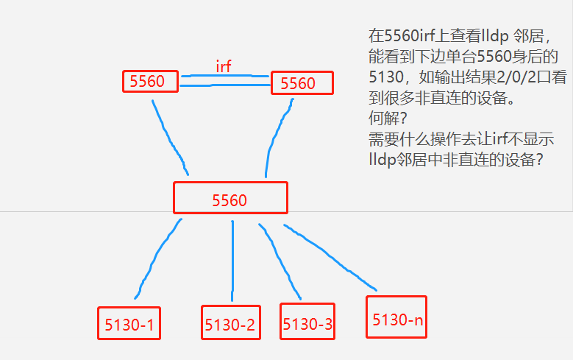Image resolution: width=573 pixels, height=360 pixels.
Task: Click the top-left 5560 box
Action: (x=150, y=81)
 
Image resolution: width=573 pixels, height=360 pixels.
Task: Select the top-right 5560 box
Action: (x=302, y=82)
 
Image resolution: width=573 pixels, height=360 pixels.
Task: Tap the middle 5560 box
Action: (x=230, y=198)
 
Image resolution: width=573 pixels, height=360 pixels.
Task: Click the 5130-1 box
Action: (x=129, y=323)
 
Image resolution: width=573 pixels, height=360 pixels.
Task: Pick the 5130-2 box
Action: (x=231, y=324)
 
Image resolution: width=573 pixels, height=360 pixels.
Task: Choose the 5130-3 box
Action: (x=307, y=322)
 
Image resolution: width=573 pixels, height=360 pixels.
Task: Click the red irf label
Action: (x=224, y=66)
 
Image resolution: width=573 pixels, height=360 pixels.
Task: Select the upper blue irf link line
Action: (x=224, y=75)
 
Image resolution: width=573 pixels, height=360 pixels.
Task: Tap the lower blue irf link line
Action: (x=224, y=85)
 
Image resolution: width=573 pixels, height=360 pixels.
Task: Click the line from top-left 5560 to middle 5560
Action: (x=169, y=136)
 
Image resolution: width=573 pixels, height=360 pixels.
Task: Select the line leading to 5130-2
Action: (x=232, y=258)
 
